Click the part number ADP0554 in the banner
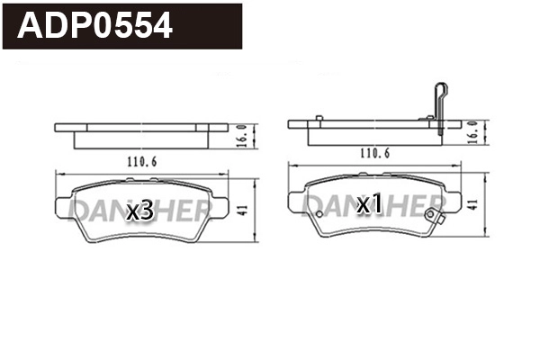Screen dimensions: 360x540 (x=95, y=26)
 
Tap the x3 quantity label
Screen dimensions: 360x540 (x=139, y=211)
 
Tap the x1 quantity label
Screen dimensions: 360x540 (x=370, y=204)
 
